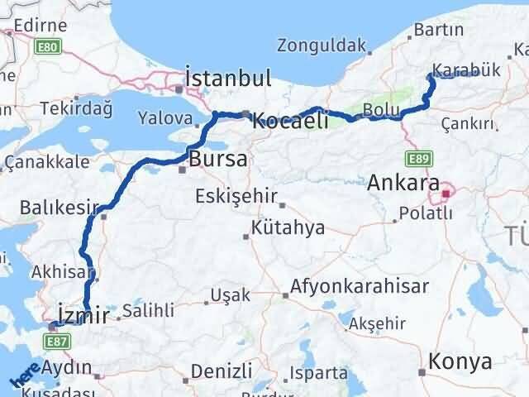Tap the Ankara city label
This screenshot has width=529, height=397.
tap(404, 180)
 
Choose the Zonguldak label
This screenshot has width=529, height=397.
tap(322, 45)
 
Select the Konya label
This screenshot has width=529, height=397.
tap(461, 361)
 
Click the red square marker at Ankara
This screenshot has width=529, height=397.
tap(446, 194)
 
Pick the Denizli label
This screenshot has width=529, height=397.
tap(221, 370)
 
